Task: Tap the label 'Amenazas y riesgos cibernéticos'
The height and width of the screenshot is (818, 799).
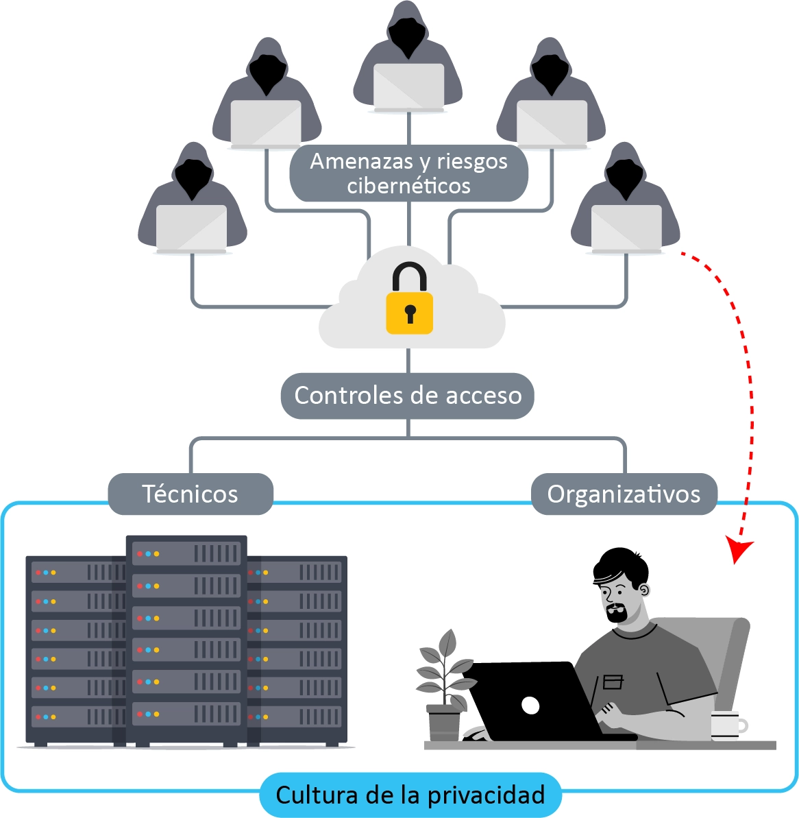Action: [x=408, y=173]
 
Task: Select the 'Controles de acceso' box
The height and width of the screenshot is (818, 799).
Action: [x=408, y=396]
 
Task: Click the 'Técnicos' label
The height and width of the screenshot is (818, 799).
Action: [x=190, y=494]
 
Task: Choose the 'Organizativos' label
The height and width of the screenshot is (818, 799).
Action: [x=624, y=494]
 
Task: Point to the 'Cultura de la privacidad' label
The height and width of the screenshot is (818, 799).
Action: [x=410, y=795]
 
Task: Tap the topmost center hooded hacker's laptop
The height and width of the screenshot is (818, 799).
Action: [x=408, y=86]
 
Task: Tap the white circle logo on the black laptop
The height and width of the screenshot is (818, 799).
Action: [x=530, y=704]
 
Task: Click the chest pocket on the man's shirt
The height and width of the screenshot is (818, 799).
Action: [x=612, y=682]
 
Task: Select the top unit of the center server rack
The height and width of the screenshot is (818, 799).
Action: [x=186, y=553]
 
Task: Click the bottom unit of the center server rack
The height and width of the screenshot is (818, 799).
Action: [x=186, y=714]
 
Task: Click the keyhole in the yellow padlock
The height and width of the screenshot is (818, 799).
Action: [x=410, y=314]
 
